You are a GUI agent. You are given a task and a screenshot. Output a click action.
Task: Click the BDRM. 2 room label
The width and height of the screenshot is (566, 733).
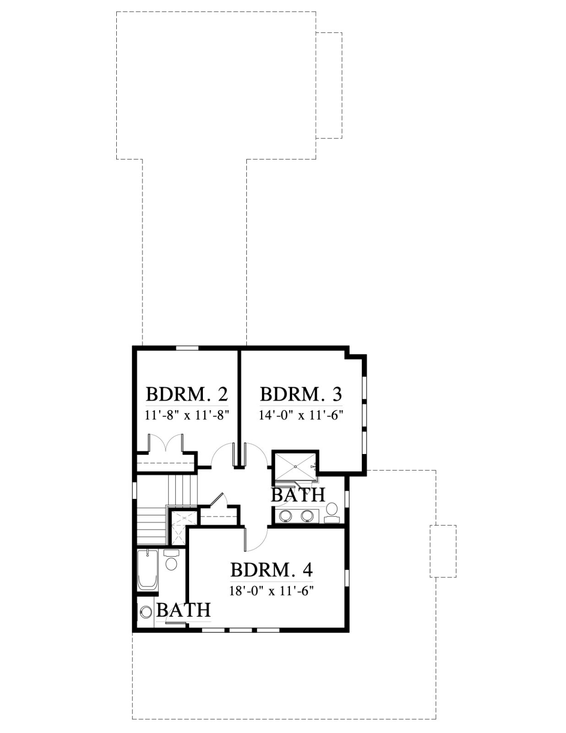[x=187, y=394]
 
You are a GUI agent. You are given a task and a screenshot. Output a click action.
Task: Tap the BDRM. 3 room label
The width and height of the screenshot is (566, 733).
[x=301, y=394]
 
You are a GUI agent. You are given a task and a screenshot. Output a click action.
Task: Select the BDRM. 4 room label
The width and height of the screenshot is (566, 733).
[x=271, y=570]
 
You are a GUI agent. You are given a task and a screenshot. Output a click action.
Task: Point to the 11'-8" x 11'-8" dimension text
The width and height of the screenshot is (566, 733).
[x=187, y=416]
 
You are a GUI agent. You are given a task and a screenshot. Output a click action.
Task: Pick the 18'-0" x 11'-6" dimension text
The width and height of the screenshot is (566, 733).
[x=271, y=591]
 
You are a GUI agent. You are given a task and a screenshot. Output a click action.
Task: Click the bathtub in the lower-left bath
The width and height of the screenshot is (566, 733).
[x=148, y=570]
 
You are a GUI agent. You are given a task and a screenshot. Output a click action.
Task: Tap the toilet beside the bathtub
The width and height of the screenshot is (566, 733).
[x=171, y=561]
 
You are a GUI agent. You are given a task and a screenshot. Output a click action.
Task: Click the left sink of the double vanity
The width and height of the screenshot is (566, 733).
[x=286, y=516]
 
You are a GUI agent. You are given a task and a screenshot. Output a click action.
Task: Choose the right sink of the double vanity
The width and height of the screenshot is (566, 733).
[x=307, y=516]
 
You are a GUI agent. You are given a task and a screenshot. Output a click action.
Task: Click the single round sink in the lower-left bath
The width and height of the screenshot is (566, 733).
[x=146, y=612]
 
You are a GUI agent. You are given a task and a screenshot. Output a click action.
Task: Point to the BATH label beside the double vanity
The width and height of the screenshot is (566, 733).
[x=298, y=495]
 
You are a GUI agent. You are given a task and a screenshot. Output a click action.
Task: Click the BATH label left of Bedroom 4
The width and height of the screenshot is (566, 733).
[x=184, y=610]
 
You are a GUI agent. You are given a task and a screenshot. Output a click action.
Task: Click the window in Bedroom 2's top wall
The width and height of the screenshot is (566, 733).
[x=187, y=348]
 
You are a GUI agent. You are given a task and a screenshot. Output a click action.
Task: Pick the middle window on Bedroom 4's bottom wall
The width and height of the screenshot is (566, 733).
[x=241, y=630]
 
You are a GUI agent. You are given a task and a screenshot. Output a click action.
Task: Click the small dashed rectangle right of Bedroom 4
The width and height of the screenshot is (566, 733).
[x=443, y=551]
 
